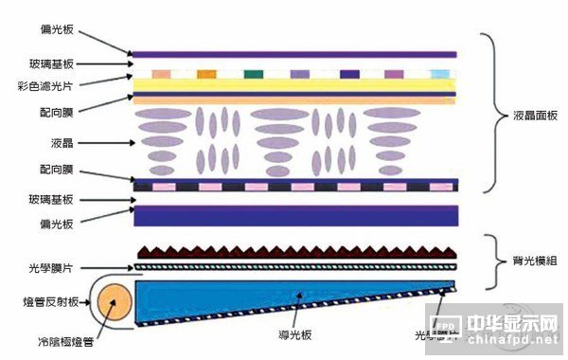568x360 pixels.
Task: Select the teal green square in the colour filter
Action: [253, 74]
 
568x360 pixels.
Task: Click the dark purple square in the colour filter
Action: [348, 74]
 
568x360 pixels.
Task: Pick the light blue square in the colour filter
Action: [438, 74]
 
